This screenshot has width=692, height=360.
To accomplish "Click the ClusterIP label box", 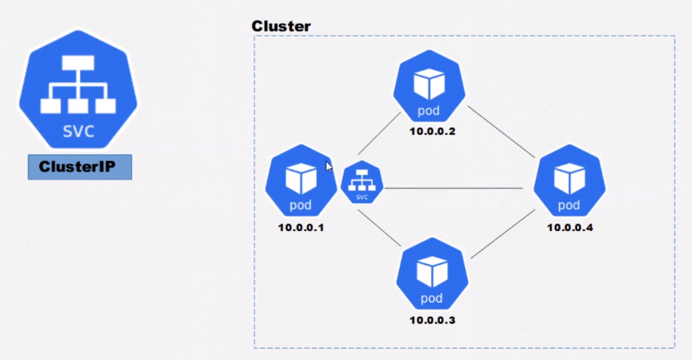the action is [80, 167].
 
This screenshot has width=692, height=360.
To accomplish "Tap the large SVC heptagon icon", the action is [78, 90].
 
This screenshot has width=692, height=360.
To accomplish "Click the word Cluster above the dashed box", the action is [281, 26].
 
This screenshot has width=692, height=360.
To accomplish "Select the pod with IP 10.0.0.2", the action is [429, 87].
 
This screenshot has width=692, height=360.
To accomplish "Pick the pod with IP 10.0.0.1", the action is [301, 180].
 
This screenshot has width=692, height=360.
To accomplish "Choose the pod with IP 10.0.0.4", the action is [570, 180].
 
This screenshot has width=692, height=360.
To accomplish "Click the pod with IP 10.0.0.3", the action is [432, 273].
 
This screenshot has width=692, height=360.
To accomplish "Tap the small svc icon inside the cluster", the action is [362, 182].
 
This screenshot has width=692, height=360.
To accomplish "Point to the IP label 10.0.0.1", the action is [301, 228].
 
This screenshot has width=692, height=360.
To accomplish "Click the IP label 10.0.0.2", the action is [432, 131].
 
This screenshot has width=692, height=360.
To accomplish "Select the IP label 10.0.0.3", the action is [432, 320].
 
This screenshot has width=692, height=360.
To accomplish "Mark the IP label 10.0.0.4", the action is [570, 228].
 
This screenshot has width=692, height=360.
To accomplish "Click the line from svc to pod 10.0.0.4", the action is [453, 189].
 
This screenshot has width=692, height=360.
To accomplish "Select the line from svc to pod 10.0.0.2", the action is [379, 133].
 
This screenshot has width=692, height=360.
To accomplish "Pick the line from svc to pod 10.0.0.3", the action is [379, 228].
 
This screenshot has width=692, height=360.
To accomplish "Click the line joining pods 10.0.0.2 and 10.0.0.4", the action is [501, 132].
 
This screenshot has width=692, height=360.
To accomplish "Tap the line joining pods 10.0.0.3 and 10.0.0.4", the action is [503, 234].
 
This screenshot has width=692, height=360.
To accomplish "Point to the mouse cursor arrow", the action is [329, 167].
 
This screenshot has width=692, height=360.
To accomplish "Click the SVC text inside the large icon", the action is [78, 131].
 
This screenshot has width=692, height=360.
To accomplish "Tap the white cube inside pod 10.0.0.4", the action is [570, 178].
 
